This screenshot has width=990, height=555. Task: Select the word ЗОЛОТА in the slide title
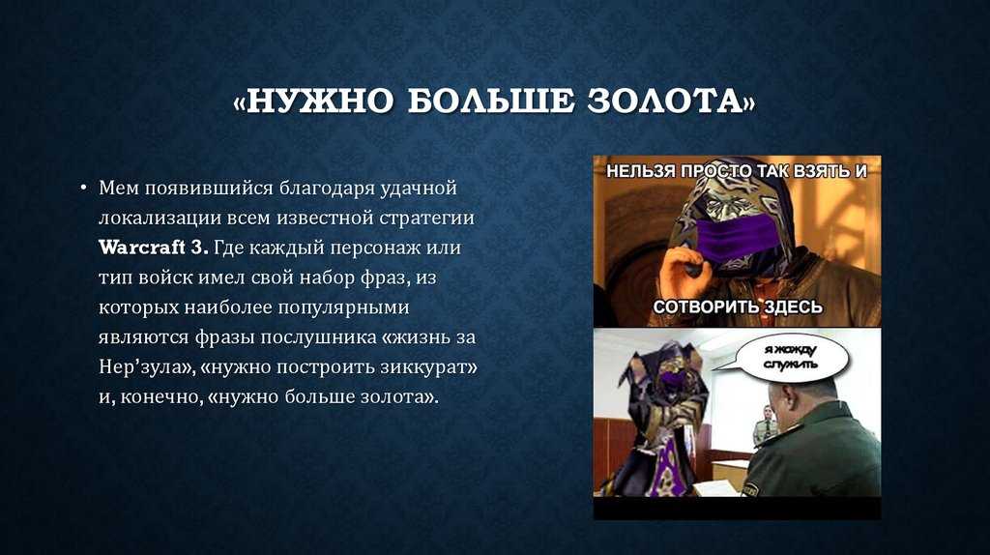coord(663,102)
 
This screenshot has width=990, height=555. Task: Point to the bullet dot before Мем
coord(83,188)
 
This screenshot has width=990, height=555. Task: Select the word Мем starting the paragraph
coord(119,188)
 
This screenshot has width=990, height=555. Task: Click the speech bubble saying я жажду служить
coord(791,358)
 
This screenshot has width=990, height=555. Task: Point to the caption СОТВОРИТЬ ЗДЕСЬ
coord(738,307)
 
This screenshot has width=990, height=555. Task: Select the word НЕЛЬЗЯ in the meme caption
coord(643,171)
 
